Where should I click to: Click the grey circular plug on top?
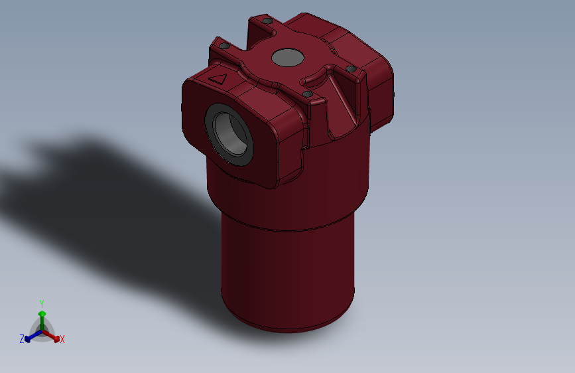point(288,58)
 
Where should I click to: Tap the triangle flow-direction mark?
point(218,78)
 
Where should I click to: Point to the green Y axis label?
point(41,302)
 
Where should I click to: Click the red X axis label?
point(62,340)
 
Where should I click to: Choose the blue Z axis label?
point(22,339)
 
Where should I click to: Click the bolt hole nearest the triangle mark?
point(224,46)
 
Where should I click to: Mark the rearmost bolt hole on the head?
point(267,21)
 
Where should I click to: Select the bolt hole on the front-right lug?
point(308,94)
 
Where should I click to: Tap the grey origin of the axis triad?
point(41,331)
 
